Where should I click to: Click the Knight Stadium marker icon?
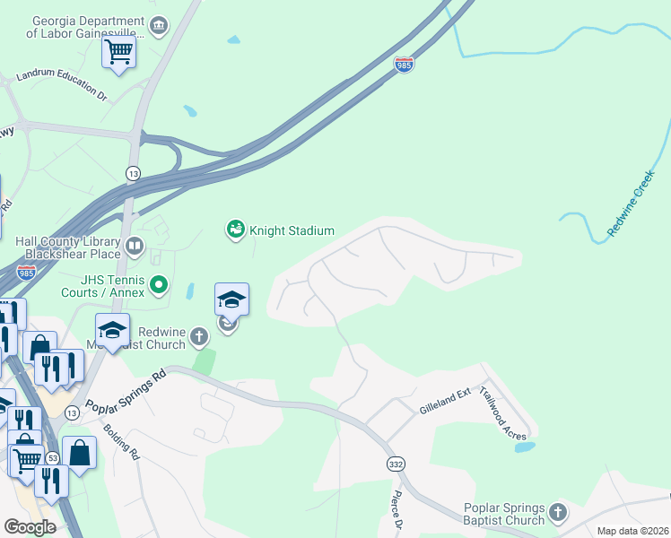coord(235,230)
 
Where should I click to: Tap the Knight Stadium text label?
coord(291,230)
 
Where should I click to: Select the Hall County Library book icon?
coord(134,245)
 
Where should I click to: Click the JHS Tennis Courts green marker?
coord(159,286)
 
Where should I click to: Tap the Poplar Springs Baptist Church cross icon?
coord(558,513)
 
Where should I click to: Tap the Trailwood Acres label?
coord(503,414)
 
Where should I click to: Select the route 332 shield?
coord(396,464)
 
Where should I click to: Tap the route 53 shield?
coord(53,458)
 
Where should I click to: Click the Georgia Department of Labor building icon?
coord(159,25)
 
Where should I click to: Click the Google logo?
coord(30,527)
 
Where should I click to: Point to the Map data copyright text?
coord(632,531)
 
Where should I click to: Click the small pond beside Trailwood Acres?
coord(525,446)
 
